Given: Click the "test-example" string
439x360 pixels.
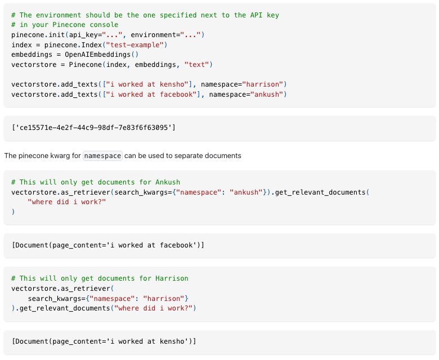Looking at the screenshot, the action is coord(135,45).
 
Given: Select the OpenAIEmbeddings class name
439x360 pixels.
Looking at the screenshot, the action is coord(98,55).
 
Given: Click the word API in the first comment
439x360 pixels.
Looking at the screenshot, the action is coord(256,15).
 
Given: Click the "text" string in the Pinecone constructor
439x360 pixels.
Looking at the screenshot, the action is coord(197,65).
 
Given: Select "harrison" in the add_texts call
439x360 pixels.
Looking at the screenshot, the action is coord(263,84).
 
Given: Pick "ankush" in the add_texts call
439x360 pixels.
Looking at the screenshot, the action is coord(267,94).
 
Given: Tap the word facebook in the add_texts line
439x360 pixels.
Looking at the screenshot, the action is coord(176,94).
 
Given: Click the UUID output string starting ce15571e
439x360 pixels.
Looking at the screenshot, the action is coord(93,128).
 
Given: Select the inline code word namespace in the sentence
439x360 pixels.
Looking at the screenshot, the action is coord(102,156).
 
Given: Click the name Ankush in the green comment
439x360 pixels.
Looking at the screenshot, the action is coord(168,182).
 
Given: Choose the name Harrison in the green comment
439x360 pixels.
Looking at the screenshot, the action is coord(172,278).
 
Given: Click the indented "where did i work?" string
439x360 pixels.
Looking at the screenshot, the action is coord(67,202).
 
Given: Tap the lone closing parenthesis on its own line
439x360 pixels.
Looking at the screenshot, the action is coord(13,211).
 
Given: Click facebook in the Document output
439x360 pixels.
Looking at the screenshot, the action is coord(176,245).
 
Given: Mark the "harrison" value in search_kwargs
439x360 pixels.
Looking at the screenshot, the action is coord(164,299).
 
